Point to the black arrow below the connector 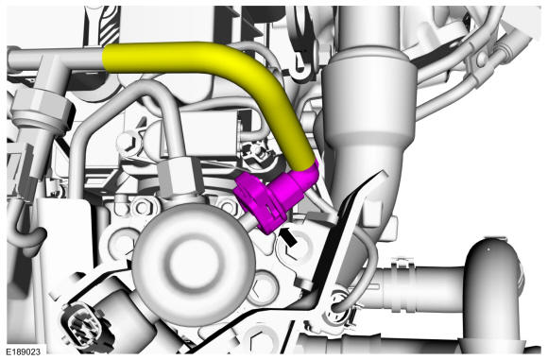(289, 237)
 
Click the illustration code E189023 (23, 351)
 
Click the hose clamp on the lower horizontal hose (399, 283)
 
